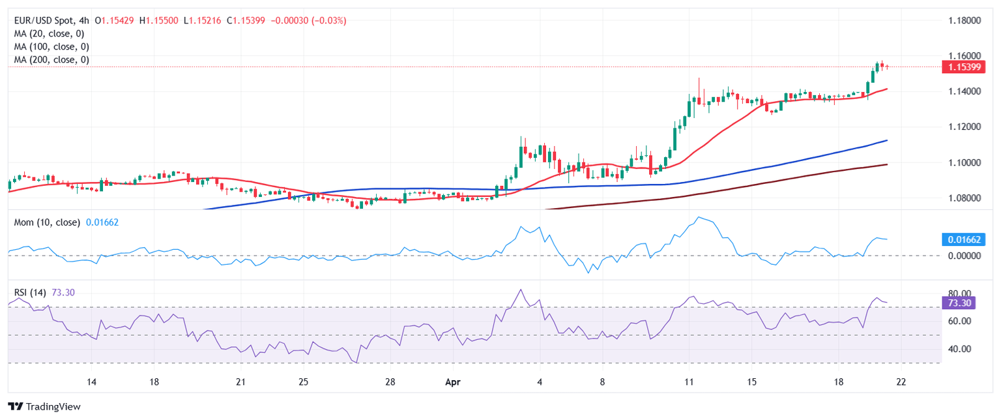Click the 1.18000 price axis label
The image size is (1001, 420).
pyautogui.click(x=964, y=21)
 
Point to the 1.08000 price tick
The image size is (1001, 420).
pyautogui.click(x=964, y=198)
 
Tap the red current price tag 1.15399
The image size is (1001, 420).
pyautogui.click(x=964, y=67)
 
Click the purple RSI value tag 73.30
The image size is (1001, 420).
pyautogui.click(x=958, y=303)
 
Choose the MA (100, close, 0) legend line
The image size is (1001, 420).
pyautogui.click(x=51, y=47)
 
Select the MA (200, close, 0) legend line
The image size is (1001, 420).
pyautogui.click(x=51, y=60)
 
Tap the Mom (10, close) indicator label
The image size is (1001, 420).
pyautogui.click(x=47, y=222)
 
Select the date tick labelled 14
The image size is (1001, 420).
pyautogui.click(x=91, y=382)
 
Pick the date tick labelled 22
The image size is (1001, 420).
pyautogui.click(x=901, y=382)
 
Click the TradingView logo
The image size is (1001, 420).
pyautogui.click(x=44, y=406)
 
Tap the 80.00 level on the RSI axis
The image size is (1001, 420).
pyautogui.click(x=958, y=293)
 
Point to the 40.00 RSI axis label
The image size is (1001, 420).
pyautogui.click(x=958, y=349)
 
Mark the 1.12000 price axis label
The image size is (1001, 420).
pyautogui.click(x=964, y=127)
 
